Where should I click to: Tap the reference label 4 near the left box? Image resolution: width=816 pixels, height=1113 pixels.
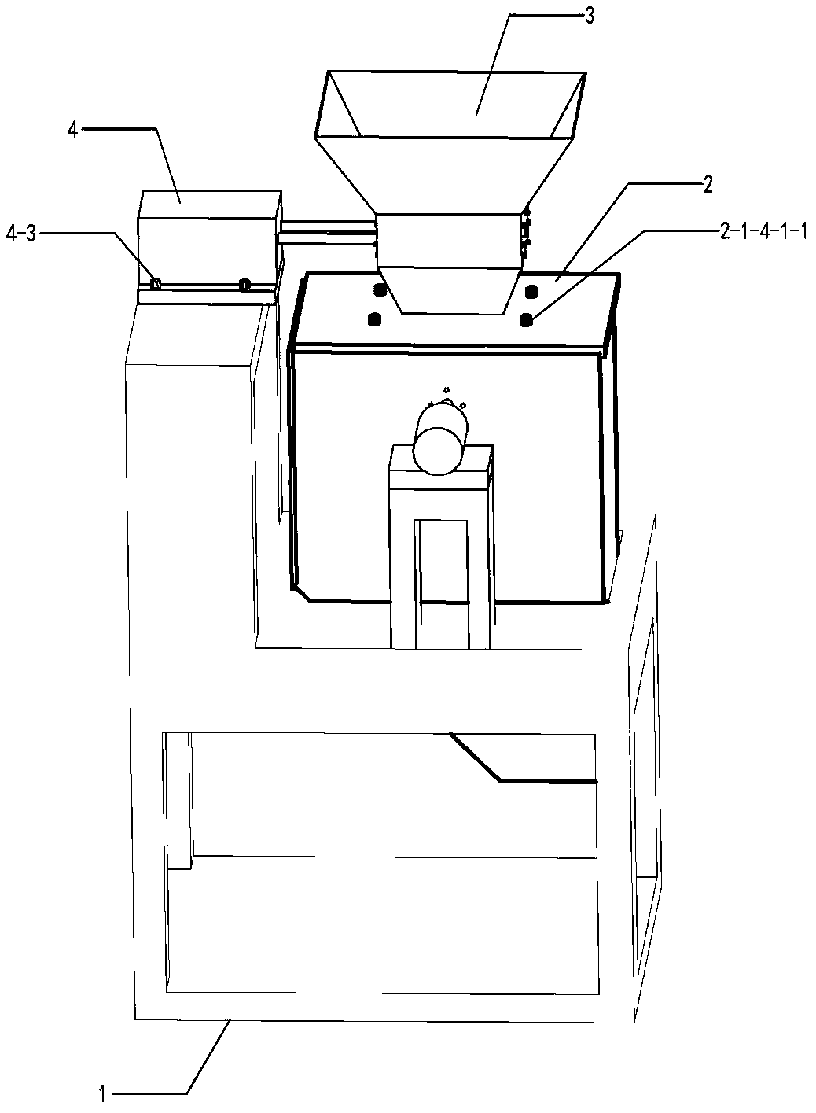coord(72,131)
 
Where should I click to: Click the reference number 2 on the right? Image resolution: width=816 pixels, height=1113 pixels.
coord(708,186)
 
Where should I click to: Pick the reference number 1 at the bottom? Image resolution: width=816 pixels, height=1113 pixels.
coord(103,1093)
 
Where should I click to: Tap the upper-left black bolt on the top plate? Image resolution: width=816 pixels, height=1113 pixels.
coord(380,290)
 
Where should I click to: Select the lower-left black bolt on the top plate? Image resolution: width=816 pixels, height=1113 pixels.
coord(373,319)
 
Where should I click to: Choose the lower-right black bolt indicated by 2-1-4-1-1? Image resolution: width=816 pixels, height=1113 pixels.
coord(525,319)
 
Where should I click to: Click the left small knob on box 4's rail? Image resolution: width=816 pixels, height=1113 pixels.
coord(156,283)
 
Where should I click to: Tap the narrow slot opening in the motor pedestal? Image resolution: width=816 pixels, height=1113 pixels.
coord(442,582)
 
